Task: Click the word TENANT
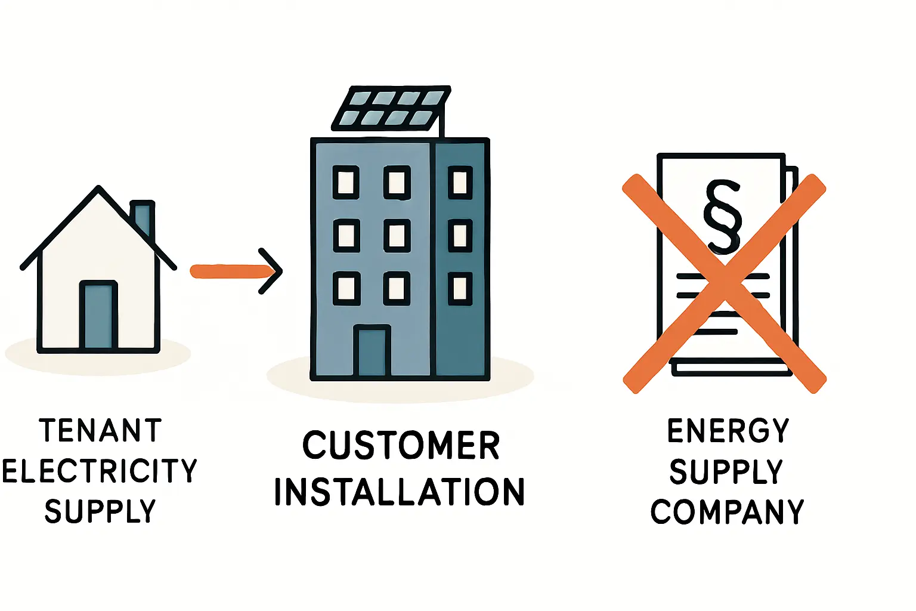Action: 100,430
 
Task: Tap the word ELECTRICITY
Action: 99,471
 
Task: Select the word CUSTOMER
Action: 401,445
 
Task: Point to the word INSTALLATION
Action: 399,492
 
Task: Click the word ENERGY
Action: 728,431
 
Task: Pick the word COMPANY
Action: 727,512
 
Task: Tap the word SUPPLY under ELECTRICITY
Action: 100,511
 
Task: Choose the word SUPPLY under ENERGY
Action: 726,472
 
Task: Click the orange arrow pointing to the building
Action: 236,271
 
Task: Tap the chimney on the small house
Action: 143,218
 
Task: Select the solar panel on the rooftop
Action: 391,109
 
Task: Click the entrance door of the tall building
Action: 372,351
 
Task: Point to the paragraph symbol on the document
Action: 722,216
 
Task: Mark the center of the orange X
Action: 724,283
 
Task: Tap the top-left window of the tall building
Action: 346,182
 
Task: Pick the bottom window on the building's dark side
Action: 460,288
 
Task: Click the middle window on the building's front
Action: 397,235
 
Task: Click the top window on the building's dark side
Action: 460,182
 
